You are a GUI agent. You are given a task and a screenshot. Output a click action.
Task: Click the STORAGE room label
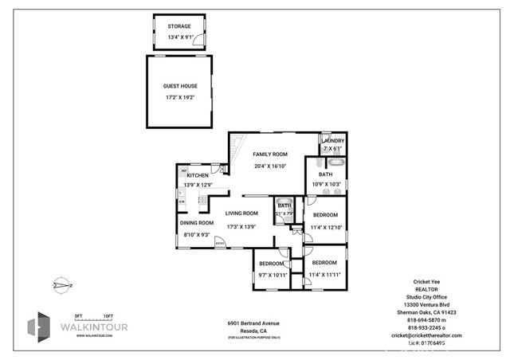[x=179, y=25]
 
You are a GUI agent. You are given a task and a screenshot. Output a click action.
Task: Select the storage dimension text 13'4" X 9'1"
[x=179, y=37]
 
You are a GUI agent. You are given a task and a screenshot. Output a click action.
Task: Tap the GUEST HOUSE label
[x=179, y=86]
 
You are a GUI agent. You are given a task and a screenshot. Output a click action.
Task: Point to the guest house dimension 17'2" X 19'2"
[x=179, y=97]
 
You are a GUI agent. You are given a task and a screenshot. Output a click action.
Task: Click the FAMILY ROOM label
[x=270, y=154]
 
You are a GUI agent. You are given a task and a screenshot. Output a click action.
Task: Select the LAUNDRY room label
[x=333, y=141]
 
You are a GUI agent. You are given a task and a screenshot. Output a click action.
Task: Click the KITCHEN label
[x=198, y=175]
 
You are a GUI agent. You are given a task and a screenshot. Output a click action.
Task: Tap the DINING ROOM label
[x=196, y=223]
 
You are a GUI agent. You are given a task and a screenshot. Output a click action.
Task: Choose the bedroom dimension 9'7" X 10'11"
[x=271, y=275]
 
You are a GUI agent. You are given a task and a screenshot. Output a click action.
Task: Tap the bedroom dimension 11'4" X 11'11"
[x=325, y=275]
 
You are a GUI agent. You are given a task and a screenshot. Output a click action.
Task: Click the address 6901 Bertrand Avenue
[x=253, y=323]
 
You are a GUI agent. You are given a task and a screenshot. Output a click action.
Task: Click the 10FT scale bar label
[x=108, y=316]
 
